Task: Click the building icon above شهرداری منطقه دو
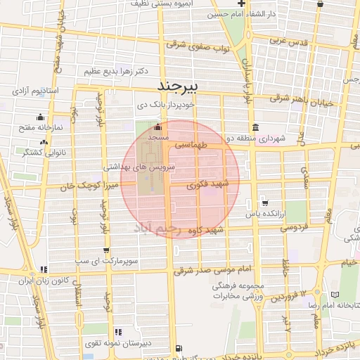pos(253,128)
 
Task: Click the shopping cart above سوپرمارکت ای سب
pos(106,250)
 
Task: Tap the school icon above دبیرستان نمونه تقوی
pos(117,331)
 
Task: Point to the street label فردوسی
pos(296,228)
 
